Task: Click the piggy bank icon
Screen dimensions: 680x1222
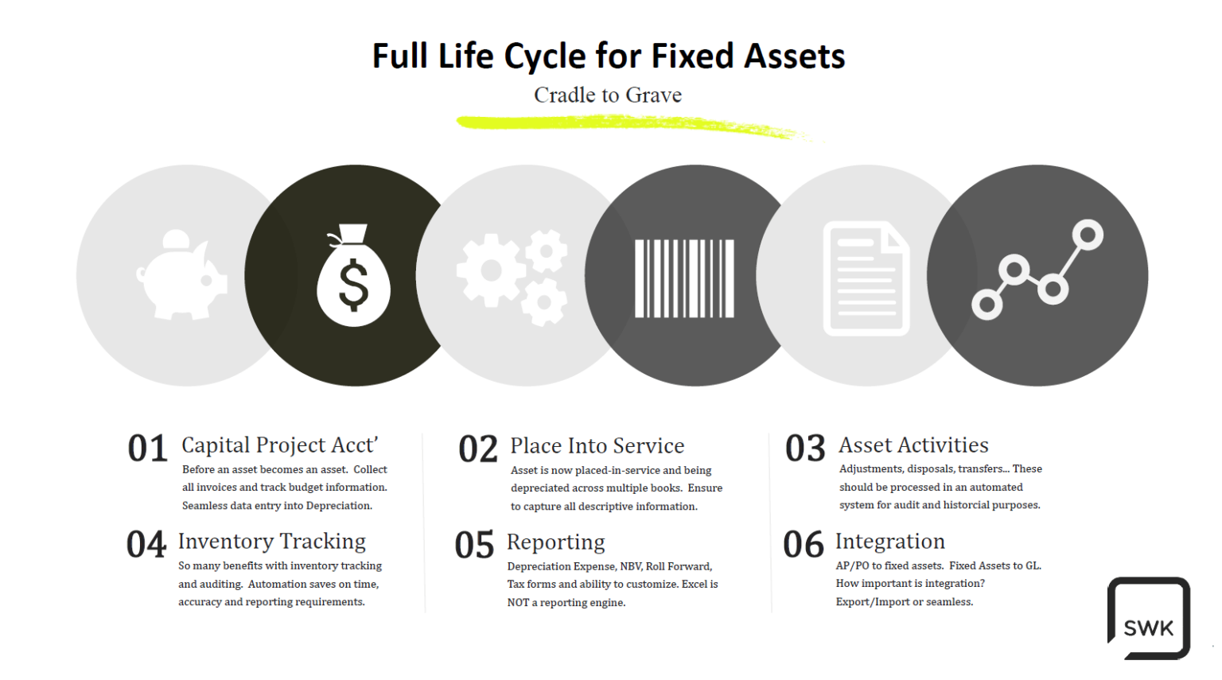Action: click(182, 275)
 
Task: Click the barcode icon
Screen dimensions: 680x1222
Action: click(684, 278)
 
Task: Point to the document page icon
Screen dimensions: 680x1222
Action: click(866, 278)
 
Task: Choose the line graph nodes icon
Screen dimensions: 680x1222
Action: click(1037, 270)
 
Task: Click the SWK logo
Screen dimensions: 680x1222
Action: click(1148, 619)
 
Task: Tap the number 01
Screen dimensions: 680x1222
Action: click(147, 449)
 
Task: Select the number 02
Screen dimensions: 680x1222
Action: click(477, 449)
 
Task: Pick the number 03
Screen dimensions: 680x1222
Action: click(805, 449)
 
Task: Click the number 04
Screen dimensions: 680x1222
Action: click(146, 545)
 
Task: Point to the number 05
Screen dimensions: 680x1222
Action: click(474, 546)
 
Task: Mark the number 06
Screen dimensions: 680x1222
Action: click(803, 545)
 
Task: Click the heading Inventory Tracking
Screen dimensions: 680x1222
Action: click(271, 542)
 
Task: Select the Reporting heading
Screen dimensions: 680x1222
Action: click(555, 542)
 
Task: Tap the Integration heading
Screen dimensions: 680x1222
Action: click(889, 542)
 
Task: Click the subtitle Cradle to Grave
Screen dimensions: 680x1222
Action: click(608, 95)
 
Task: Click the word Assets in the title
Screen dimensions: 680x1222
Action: click(794, 56)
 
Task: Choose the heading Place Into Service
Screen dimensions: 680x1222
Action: click(597, 445)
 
